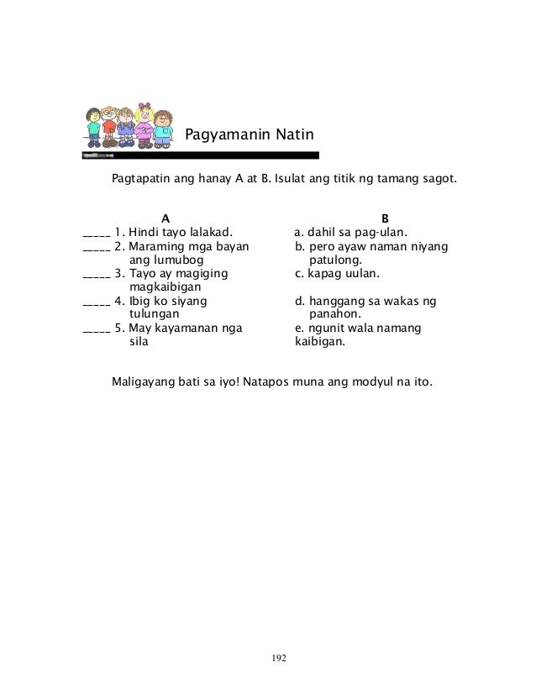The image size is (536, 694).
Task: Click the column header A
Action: tap(166, 217)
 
